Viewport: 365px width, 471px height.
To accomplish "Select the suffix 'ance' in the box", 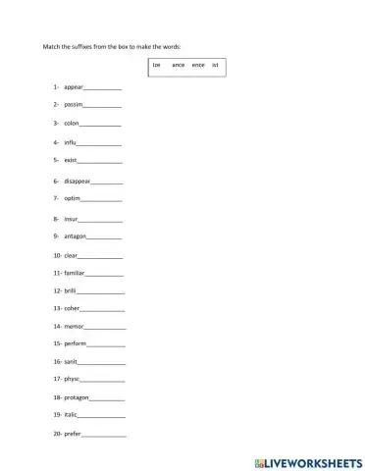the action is click(x=178, y=65).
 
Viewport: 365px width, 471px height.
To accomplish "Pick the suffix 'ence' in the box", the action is click(x=198, y=65).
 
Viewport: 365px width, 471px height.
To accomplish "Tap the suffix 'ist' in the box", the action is click(x=216, y=65).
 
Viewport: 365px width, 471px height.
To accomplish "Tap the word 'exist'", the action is click(x=70, y=159).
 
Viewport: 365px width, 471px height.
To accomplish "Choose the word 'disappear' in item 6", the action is click(x=77, y=182).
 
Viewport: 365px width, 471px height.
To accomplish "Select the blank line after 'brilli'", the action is click(x=101, y=292).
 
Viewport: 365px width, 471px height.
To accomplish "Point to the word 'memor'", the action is click(x=75, y=326).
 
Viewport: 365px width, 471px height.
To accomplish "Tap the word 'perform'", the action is click(x=76, y=344).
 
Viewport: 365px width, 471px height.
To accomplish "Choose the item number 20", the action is click(x=57, y=434).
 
